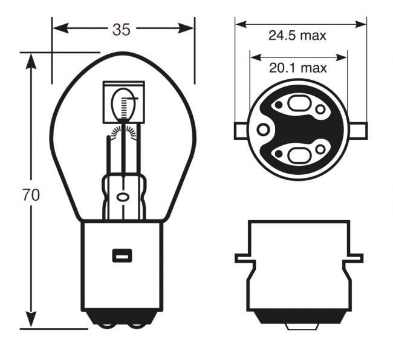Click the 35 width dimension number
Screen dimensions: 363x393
122,29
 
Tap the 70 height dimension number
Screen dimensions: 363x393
30,195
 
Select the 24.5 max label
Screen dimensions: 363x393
297,35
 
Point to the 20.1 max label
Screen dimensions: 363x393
297,68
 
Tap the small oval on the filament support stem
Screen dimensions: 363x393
123,197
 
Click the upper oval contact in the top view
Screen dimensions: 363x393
297,103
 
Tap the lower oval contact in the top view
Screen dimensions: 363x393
297,155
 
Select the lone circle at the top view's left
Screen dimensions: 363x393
263,129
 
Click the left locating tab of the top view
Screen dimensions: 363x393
240,130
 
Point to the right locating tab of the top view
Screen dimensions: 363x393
360,130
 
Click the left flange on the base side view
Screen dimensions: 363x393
244,258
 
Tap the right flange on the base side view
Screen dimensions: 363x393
356,258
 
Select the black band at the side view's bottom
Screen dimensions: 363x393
299,317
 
